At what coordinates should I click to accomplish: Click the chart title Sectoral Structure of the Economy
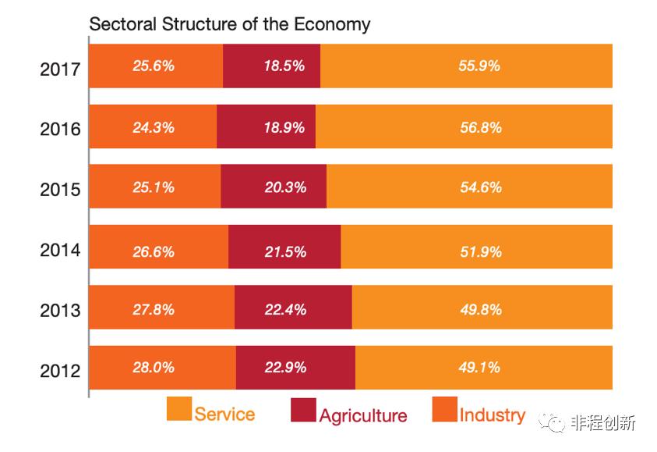[229, 24]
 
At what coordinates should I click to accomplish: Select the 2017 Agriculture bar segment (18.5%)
[271, 66]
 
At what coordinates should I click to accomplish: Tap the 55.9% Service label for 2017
[479, 66]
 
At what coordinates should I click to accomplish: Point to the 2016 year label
[60, 129]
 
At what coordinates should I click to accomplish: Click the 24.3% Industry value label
[154, 127]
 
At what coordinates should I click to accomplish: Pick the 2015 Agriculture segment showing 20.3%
[274, 187]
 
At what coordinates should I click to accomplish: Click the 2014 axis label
[60, 251]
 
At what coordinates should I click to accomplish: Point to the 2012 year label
[60, 369]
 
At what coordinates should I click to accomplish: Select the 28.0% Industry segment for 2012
[162, 367]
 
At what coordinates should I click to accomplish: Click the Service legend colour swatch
[179, 410]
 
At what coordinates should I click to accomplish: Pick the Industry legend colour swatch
[444, 410]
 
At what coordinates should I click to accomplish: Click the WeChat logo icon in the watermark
[556, 422]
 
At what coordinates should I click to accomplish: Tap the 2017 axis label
[60, 69]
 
